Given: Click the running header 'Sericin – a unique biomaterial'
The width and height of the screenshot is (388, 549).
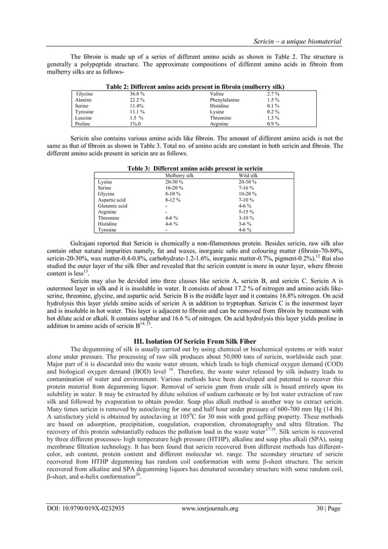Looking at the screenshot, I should (x=296, y=41).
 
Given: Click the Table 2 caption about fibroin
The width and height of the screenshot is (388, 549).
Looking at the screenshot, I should (x=193, y=86).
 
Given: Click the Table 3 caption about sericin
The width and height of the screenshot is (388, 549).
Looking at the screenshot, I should (x=193, y=167).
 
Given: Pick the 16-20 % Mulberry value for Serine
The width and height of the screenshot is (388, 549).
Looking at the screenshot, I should (x=173, y=188).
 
